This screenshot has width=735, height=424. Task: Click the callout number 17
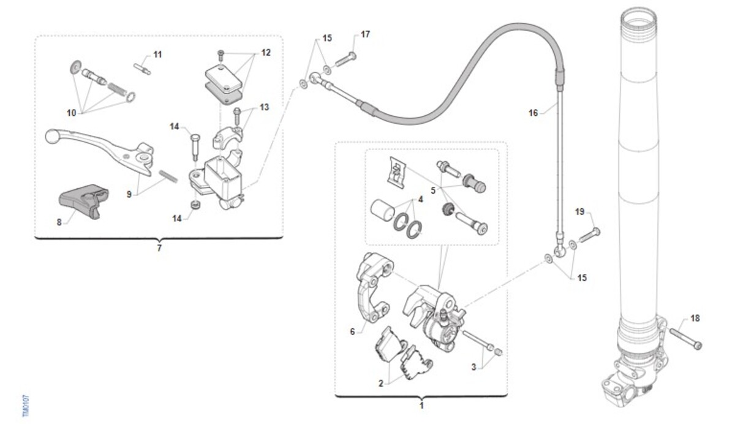pos(366,34)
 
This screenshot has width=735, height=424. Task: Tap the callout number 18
pos(695,318)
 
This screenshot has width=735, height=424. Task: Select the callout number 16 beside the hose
pos(533,113)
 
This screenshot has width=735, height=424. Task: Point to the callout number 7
pos(159,248)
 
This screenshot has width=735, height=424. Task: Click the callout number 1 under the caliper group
pos(421,406)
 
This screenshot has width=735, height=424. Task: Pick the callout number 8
pos(59,222)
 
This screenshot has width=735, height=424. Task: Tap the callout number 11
pos(158,55)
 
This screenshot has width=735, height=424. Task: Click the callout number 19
pos(580,212)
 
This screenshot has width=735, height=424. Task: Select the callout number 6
pos(352,331)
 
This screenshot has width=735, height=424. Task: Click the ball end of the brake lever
pos(53,136)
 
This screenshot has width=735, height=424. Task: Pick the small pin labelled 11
pos(141,67)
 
